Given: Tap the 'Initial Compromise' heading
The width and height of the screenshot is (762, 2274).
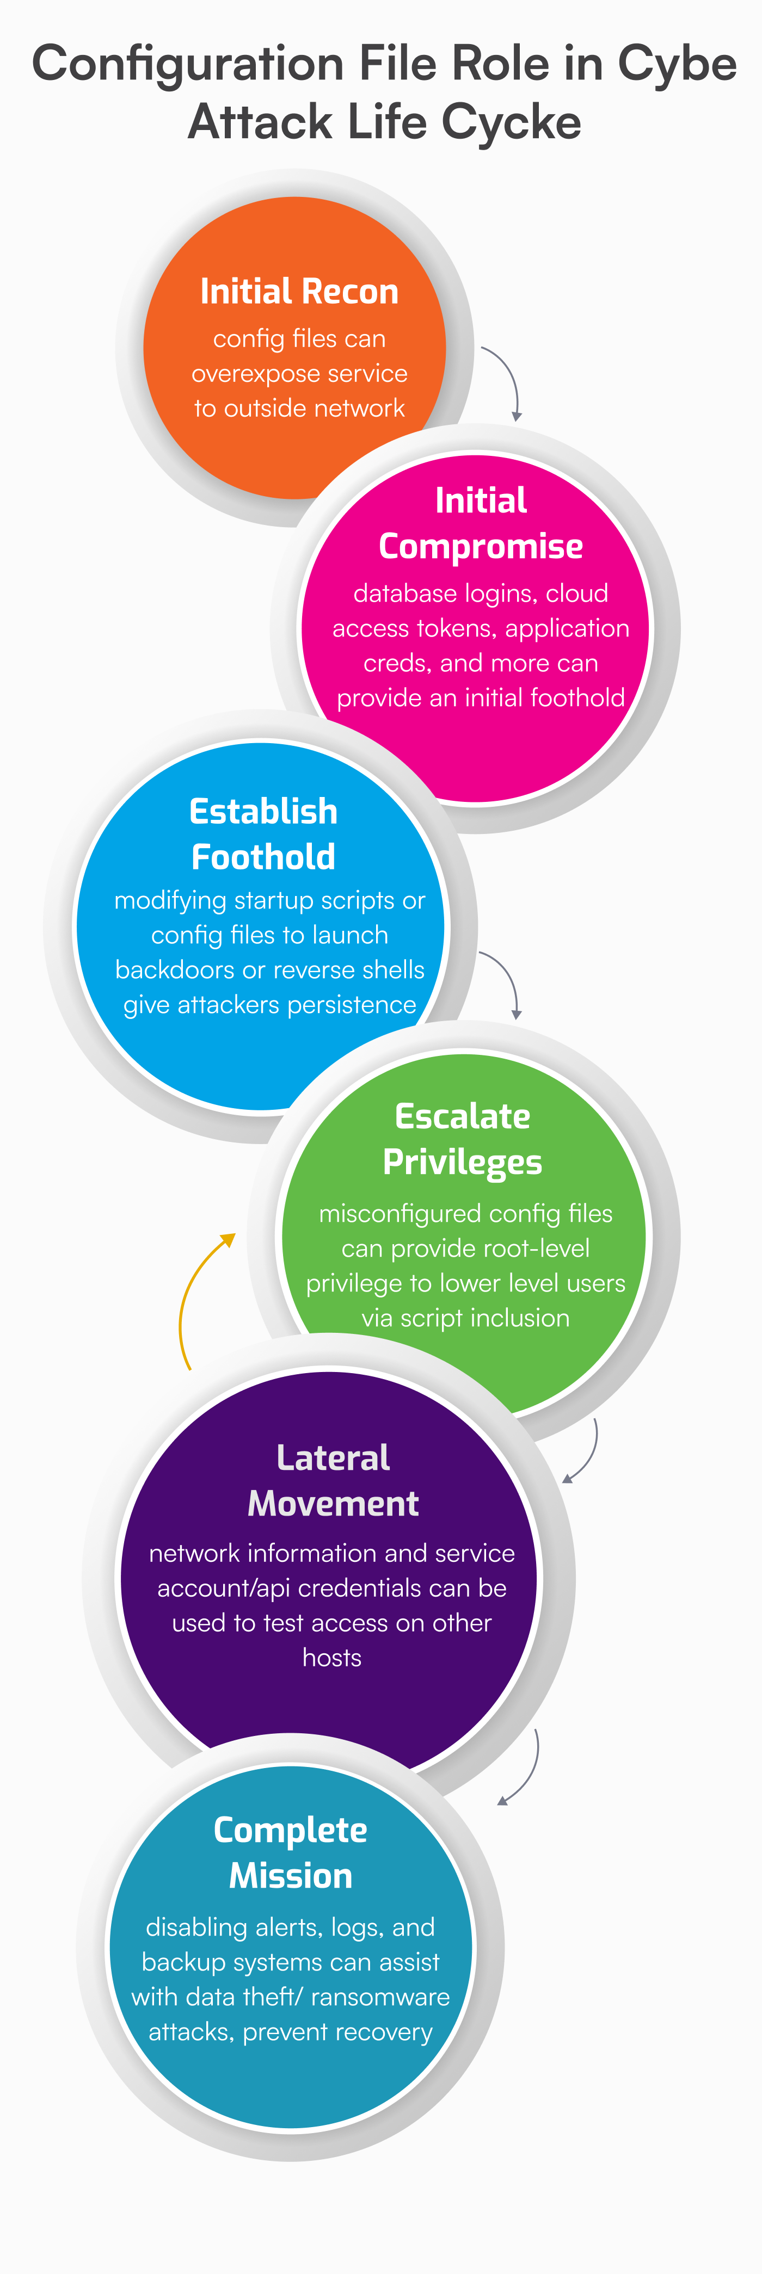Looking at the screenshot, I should pos(481,523).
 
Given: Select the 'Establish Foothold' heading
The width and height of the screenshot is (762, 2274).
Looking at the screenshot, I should pos(263,834).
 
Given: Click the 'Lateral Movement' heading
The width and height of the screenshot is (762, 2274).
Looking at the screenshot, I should pos(333,1480).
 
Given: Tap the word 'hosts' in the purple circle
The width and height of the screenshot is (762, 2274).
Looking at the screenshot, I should pos(332,1657).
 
